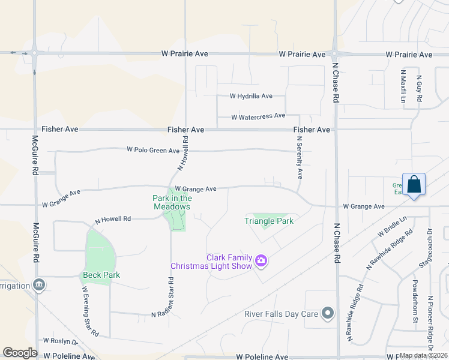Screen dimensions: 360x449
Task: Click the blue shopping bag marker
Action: click(414, 184)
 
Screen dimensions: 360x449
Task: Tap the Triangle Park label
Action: click(268, 221)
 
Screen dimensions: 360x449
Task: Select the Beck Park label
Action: click(101, 275)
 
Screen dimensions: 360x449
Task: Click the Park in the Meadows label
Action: click(172, 202)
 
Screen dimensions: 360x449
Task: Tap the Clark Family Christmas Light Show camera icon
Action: click(261, 260)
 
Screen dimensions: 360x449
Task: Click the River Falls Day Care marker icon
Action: click(328, 313)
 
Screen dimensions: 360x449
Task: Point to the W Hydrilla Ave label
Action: click(251, 96)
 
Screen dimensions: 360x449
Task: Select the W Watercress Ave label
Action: click(258, 116)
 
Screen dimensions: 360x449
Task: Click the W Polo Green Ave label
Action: click(153, 150)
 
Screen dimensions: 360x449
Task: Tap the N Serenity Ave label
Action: click(300, 157)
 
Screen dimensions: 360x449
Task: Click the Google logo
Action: click(20, 353)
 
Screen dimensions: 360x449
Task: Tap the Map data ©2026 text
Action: click(424, 355)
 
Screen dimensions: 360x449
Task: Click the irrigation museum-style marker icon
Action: click(39, 284)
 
